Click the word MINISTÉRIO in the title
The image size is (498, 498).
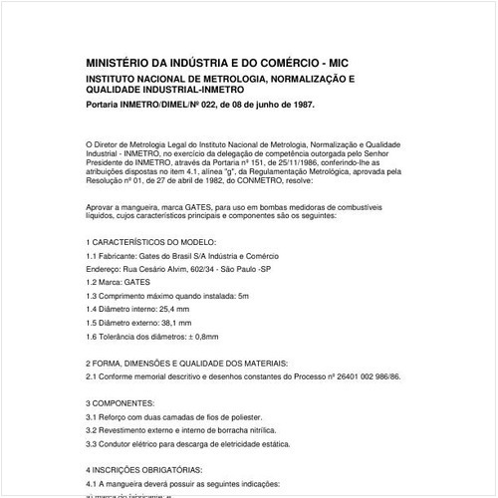pyautogui.click(x=124, y=61)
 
